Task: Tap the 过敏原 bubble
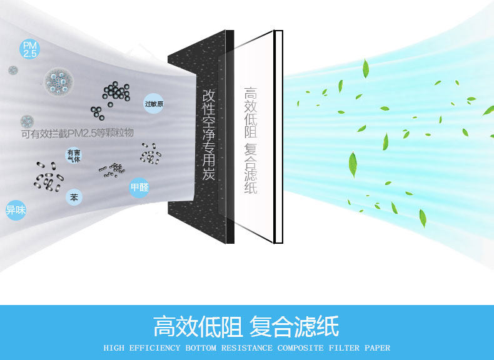154,104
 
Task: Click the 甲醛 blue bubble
139,187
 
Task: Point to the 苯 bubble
74,197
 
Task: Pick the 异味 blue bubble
16,210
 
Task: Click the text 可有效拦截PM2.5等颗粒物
78,132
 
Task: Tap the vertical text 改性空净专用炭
209,134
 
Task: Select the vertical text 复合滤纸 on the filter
251,169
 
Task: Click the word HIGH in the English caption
114,348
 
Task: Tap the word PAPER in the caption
376,348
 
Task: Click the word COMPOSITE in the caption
302,348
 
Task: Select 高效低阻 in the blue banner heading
198,326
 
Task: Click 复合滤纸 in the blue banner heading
294,326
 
